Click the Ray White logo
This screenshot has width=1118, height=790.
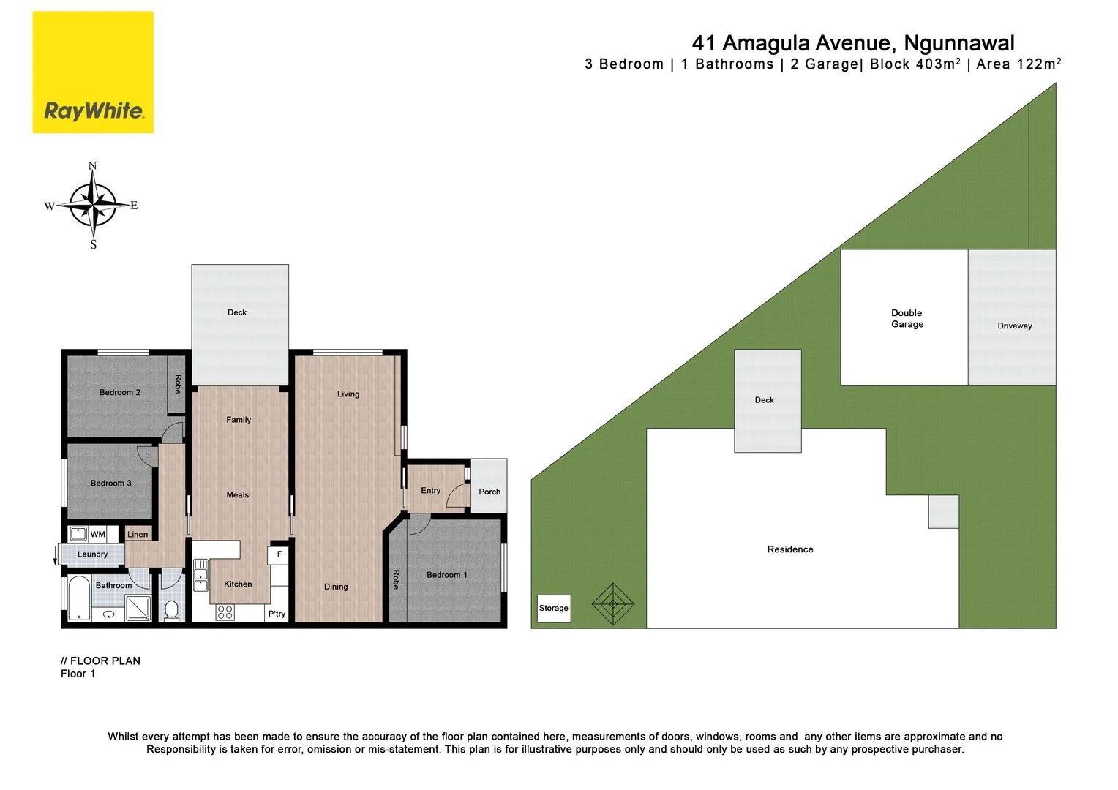(93, 72)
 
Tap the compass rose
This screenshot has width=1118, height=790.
(92, 206)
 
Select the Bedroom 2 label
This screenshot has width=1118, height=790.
(120, 393)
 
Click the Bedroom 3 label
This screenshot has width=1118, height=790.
(111, 484)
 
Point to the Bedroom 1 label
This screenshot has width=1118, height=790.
(446, 575)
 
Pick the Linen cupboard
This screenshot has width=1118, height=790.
(138, 535)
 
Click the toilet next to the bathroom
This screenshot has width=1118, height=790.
(172, 609)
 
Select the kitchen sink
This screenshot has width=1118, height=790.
(200, 575)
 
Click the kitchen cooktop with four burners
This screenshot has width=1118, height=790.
(225, 612)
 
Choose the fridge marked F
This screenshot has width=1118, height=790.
(279, 554)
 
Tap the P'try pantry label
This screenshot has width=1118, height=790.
(277, 614)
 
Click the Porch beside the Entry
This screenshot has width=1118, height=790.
(489, 492)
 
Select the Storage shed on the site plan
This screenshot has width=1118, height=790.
(554, 608)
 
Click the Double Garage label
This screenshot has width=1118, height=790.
(907, 318)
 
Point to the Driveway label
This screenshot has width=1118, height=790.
(1014, 326)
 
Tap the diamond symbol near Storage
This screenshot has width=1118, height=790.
(613, 603)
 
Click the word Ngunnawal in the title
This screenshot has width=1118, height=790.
(959, 44)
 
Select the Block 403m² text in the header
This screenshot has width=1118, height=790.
(915, 64)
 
